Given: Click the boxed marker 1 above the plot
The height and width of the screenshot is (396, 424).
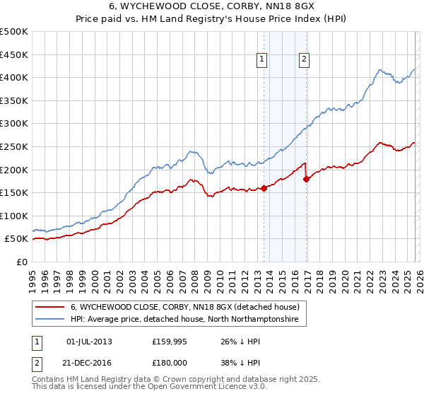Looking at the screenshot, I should (262, 60).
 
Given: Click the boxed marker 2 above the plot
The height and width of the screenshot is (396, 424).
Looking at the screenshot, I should (304, 60).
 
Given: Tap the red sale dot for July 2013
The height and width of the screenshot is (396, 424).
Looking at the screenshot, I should (264, 188).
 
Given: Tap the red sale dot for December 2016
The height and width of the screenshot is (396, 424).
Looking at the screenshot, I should (306, 179).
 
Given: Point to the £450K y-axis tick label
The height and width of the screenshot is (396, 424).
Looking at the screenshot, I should (15, 54).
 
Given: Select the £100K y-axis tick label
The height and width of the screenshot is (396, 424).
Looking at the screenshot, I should (15, 216).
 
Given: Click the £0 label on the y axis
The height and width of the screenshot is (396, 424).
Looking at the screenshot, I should (22, 262).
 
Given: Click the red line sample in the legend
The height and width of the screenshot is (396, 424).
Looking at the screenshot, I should (50, 307).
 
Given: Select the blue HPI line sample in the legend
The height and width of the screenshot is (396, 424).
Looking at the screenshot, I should (50, 320).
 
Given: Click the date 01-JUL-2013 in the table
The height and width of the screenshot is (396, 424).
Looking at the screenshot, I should (88, 342).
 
